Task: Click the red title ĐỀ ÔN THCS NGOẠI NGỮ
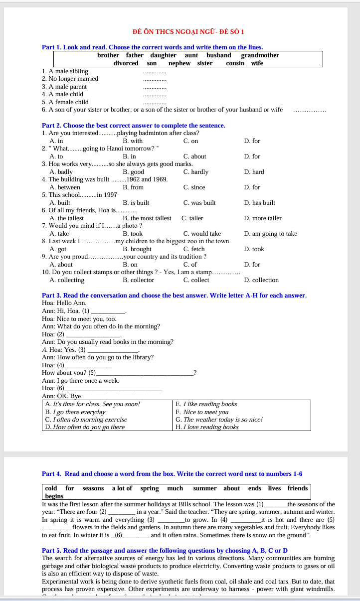(188, 32)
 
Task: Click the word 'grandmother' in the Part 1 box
(260, 55)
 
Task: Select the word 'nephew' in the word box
(180, 63)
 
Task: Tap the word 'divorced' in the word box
(126, 63)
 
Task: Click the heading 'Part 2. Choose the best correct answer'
(133, 125)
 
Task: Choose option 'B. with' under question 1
(132, 141)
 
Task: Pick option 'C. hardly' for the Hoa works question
(195, 172)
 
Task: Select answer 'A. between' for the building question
(65, 187)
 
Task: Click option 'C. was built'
(199, 203)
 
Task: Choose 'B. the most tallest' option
(147, 218)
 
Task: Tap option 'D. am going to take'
(270, 234)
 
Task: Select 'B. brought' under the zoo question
(137, 249)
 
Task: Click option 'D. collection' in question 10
(261, 280)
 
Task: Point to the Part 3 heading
(174, 296)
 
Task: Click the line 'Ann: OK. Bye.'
(62, 396)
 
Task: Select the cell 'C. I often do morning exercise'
(86, 420)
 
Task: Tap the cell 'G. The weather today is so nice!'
(219, 420)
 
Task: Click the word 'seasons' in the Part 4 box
(93, 488)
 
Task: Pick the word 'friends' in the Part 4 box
(297, 488)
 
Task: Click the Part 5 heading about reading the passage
(165, 550)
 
